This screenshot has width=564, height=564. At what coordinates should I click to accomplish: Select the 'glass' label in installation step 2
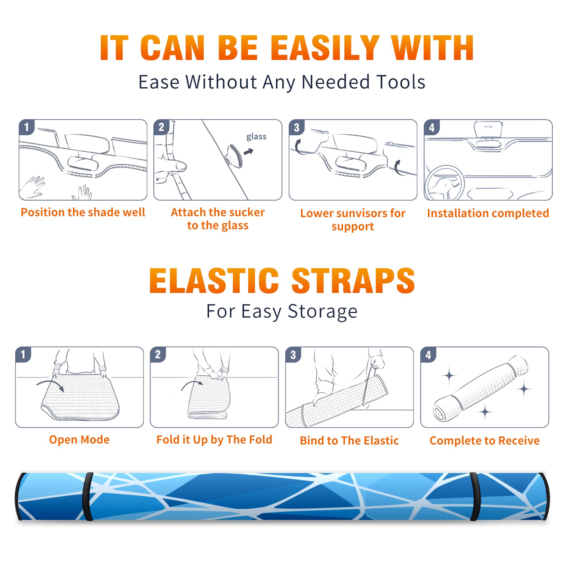(x=256, y=137)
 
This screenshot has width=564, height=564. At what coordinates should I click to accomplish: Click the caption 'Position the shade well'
(x=83, y=212)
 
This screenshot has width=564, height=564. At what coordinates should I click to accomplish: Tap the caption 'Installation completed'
(x=488, y=213)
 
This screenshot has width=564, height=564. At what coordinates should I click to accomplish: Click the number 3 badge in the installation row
(x=296, y=128)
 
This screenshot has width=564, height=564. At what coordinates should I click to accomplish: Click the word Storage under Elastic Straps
(x=323, y=312)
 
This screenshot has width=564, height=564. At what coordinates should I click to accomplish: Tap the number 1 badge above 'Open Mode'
(x=23, y=355)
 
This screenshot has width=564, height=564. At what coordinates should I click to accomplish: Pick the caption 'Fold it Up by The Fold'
(x=214, y=440)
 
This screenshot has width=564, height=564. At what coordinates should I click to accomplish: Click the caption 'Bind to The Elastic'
(x=349, y=441)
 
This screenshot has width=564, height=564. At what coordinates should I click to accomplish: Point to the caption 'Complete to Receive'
(x=485, y=441)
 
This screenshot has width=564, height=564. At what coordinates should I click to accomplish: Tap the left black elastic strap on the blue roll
(x=88, y=497)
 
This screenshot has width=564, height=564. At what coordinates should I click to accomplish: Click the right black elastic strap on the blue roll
(x=474, y=497)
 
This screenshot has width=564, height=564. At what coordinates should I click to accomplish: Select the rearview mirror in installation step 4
(x=488, y=131)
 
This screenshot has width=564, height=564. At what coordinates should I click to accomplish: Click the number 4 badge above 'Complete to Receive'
(x=428, y=355)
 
